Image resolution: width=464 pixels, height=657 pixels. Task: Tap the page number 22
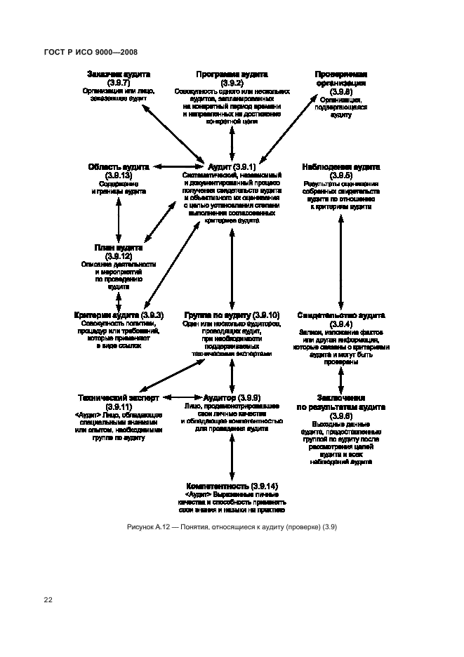[x=48, y=600]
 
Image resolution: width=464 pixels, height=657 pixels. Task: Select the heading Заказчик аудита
[x=119, y=74]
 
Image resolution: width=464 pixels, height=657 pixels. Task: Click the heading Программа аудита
[x=231, y=74]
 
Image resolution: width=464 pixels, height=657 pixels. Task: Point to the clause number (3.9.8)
[x=340, y=91]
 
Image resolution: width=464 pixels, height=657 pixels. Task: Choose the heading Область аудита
[x=119, y=167]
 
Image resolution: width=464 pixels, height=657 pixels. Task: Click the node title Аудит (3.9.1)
[x=231, y=166]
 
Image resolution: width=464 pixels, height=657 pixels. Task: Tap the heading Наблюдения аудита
[x=340, y=167]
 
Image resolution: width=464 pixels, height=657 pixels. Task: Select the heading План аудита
[x=119, y=248]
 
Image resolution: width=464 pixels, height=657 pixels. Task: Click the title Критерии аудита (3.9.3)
[x=119, y=315]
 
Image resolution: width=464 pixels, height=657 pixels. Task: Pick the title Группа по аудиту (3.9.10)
[x=232, y=315]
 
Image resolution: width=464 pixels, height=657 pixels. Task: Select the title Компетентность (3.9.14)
[x=232, y=486]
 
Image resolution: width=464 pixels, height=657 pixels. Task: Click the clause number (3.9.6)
[x=340, y=416]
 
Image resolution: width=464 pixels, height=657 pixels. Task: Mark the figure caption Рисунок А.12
[x=232, y=527]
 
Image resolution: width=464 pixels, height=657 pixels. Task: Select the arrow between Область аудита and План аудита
[x=118, y=220]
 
